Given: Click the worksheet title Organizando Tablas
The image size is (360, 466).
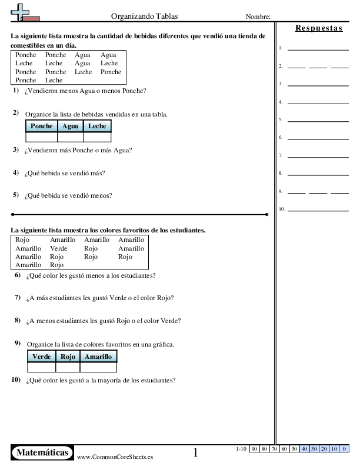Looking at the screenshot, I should [145, 16].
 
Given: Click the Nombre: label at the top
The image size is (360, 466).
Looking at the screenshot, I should [258, 16].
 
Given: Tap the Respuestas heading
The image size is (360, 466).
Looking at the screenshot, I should [319, 28].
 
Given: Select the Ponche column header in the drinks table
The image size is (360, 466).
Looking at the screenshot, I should [41, 126].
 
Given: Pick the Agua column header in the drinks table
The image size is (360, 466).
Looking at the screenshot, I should [70, 126].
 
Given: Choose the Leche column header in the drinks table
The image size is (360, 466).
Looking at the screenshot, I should [97, 126].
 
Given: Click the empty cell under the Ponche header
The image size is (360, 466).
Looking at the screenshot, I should [41, 137].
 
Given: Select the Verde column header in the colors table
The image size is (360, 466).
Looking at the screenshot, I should [41, 357].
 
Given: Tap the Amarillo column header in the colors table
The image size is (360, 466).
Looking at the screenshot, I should [98, 357].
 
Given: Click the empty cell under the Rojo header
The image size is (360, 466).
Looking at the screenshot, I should [67, 367].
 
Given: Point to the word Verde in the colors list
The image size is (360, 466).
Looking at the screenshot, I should [58, 248].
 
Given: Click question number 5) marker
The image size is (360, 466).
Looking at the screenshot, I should [16, 195].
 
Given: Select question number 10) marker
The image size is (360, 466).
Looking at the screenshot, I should [16, 380].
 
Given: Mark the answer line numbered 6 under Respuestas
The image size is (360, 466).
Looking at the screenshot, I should [318, 138].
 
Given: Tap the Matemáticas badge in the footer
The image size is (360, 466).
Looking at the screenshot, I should [42, 452].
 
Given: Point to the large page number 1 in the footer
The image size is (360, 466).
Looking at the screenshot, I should [196, 452].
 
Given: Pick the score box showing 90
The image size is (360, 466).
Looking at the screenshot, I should [255, 449].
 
